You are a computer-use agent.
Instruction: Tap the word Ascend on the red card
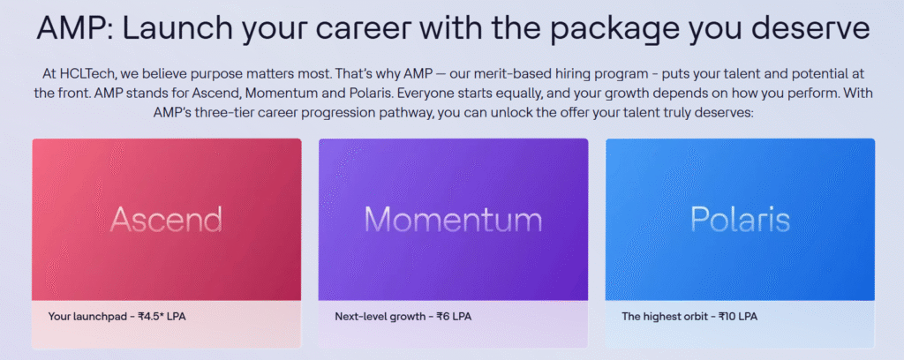pos(166,219)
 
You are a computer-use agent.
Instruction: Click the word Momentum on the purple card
pos(453,219)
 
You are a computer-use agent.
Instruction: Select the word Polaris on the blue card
pos(741,219)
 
